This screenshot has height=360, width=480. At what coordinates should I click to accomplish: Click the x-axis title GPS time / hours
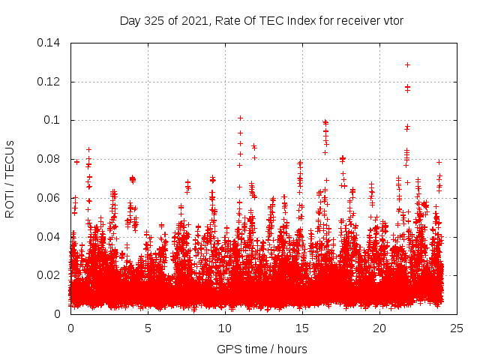coord(262,349)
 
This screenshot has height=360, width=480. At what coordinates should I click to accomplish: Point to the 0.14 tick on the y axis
coord(51,43)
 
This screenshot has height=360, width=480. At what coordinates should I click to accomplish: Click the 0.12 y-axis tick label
coord(51,82)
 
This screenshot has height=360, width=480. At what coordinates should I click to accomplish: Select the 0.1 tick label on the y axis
coord(55,120)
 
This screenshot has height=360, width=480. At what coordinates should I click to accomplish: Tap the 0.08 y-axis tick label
coord(51,159)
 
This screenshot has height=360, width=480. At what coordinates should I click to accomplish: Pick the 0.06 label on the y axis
coord(51,198)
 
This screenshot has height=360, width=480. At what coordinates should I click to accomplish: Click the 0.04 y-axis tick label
coord(51,236)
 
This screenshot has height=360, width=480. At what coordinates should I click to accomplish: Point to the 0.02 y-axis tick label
coord(51,275)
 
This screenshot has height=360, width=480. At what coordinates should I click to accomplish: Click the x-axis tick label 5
coord(148,328)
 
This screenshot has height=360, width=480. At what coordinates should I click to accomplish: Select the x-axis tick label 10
coord(226,328)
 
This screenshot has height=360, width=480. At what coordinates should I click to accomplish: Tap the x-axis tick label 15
coord(303,328)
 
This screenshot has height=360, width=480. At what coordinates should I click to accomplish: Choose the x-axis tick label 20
coord(380,328)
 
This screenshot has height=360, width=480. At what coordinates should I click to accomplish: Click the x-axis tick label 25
coord(457,328)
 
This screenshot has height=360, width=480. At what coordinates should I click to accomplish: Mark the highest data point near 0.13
coord(407,64)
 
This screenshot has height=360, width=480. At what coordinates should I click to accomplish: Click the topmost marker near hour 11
coord(240,118)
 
